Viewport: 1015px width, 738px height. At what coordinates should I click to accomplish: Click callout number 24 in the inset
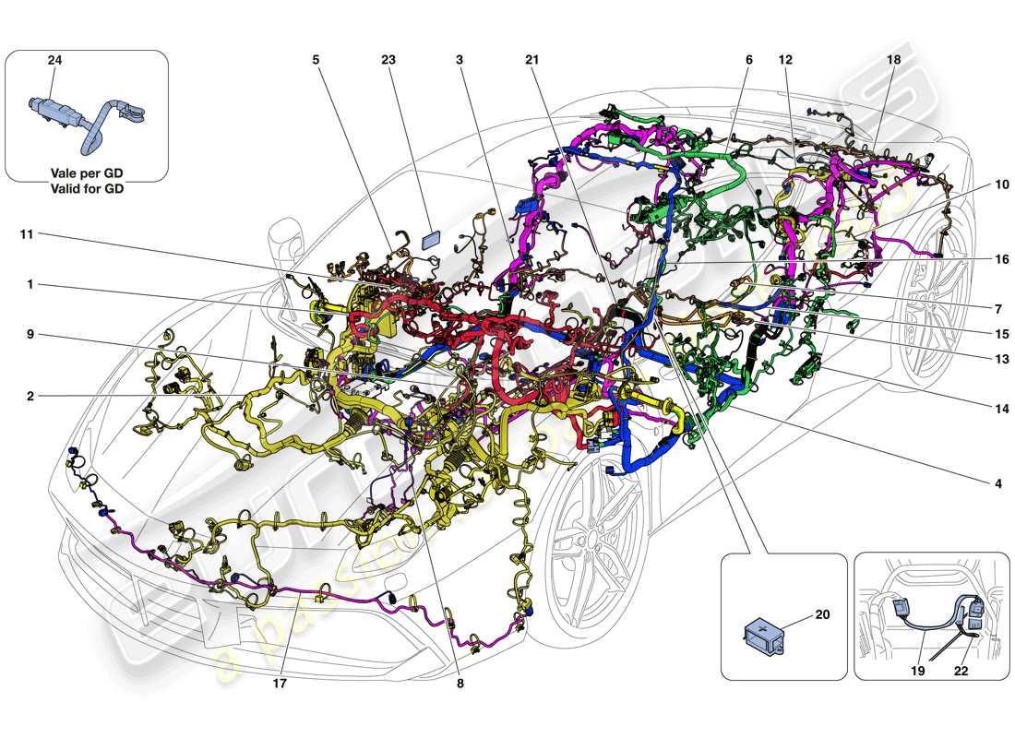54,60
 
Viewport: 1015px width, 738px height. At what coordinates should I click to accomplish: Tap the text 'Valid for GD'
87,188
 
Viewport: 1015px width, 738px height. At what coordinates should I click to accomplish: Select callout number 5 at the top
316,60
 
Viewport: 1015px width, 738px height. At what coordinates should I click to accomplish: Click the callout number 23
388,60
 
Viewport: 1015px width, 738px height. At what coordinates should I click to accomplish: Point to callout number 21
531,60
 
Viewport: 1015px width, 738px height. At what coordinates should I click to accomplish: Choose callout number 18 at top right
893,60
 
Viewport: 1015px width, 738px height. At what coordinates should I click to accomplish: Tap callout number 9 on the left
30,336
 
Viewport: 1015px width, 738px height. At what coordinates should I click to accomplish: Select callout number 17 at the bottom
279,684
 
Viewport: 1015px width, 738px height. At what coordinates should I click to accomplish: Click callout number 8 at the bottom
460,684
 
